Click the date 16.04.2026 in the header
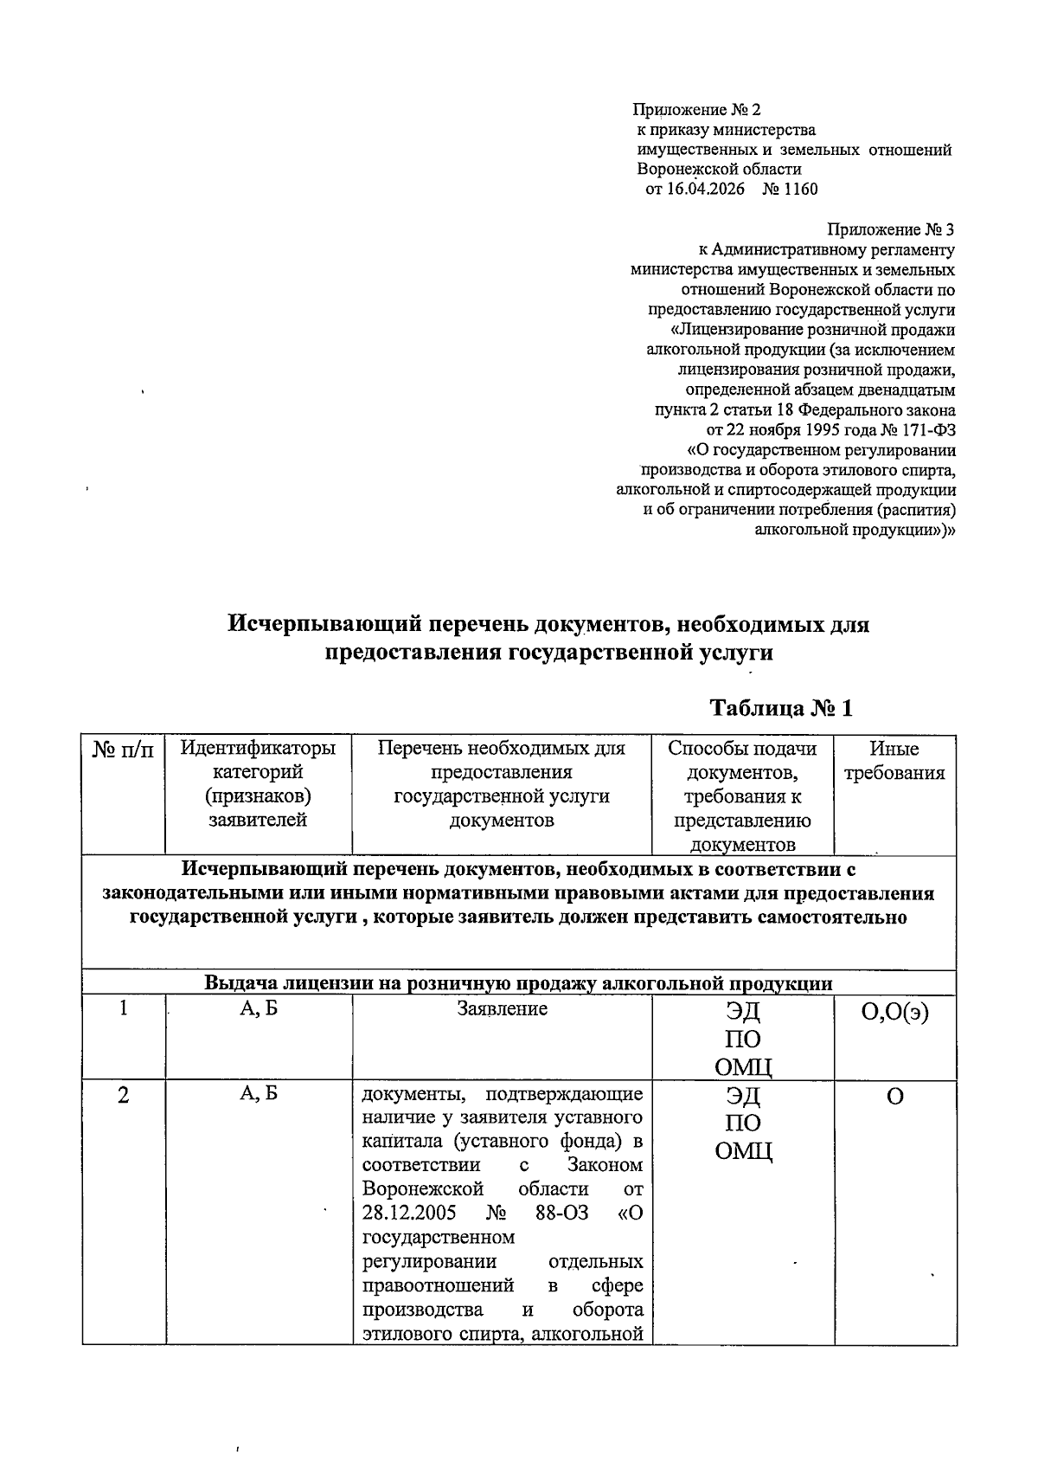[704, 189]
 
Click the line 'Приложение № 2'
[696, 110]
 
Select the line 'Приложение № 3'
[891, 229]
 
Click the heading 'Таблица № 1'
[781, 708]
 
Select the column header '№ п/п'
[123, 750]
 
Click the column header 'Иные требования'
[894, 761]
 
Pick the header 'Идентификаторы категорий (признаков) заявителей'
[258, 783]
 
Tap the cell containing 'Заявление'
[502, 1008]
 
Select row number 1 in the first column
[124, 1008]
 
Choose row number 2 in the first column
[124, 1095]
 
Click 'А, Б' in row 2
[258, 1095]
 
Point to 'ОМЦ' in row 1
[742, 1066]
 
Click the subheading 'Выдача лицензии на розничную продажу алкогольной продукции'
[518, 983]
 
